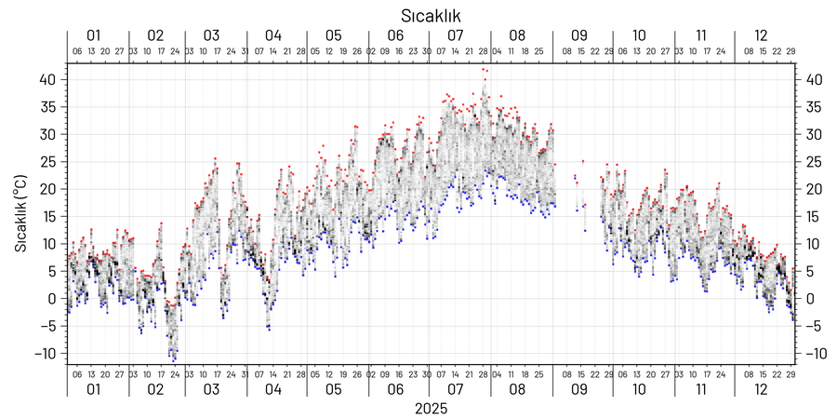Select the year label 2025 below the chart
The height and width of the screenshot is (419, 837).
431,408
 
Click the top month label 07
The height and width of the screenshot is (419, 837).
456,35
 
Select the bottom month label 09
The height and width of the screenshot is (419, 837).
579,388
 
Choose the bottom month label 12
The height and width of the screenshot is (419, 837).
762,388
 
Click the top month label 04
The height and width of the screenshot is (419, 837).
272,35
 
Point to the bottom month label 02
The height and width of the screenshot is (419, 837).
154,388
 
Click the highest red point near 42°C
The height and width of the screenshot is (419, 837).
484,69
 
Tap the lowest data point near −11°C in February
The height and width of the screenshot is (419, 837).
174,359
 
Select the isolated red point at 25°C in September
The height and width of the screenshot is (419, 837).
583,161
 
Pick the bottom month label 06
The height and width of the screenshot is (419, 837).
396,388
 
